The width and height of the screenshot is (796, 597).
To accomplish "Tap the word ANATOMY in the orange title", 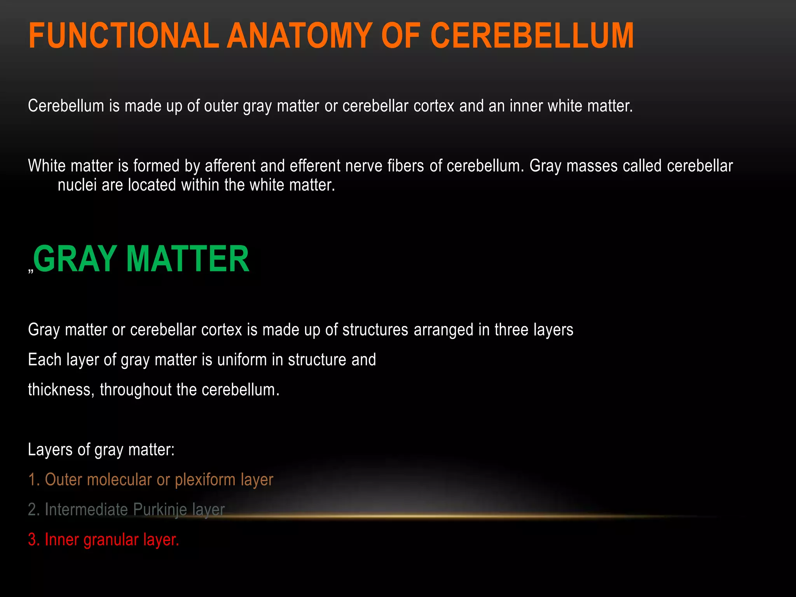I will (300, 36).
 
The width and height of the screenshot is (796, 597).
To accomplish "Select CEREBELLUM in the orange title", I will (532, 36).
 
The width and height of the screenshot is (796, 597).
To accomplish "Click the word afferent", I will (230, 166).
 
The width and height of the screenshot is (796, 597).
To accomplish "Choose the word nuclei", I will (77, 185).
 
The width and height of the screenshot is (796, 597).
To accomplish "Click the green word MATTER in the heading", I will (188, 259).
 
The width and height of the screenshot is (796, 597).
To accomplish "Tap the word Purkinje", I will (160, 510).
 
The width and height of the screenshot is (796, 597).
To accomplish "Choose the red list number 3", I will (33, 540).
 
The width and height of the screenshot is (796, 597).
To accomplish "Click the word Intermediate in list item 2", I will (86, 510).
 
